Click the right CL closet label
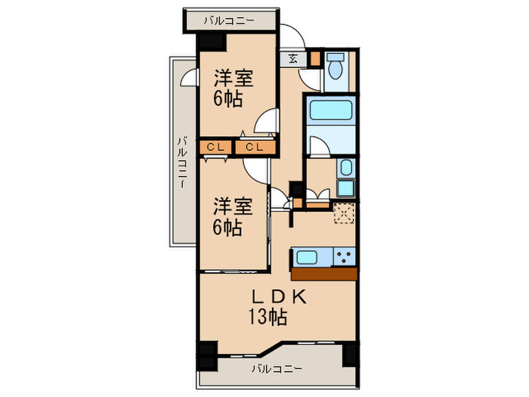(x=253, y=147)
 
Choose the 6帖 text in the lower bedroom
(x=227, y=227)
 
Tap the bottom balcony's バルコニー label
(x=277, y=369)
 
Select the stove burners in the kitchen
(x=345, y=256)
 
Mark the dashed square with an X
(x=345, y=214)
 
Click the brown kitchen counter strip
(x=323, y=273)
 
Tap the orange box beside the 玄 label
(x=314, y=58)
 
